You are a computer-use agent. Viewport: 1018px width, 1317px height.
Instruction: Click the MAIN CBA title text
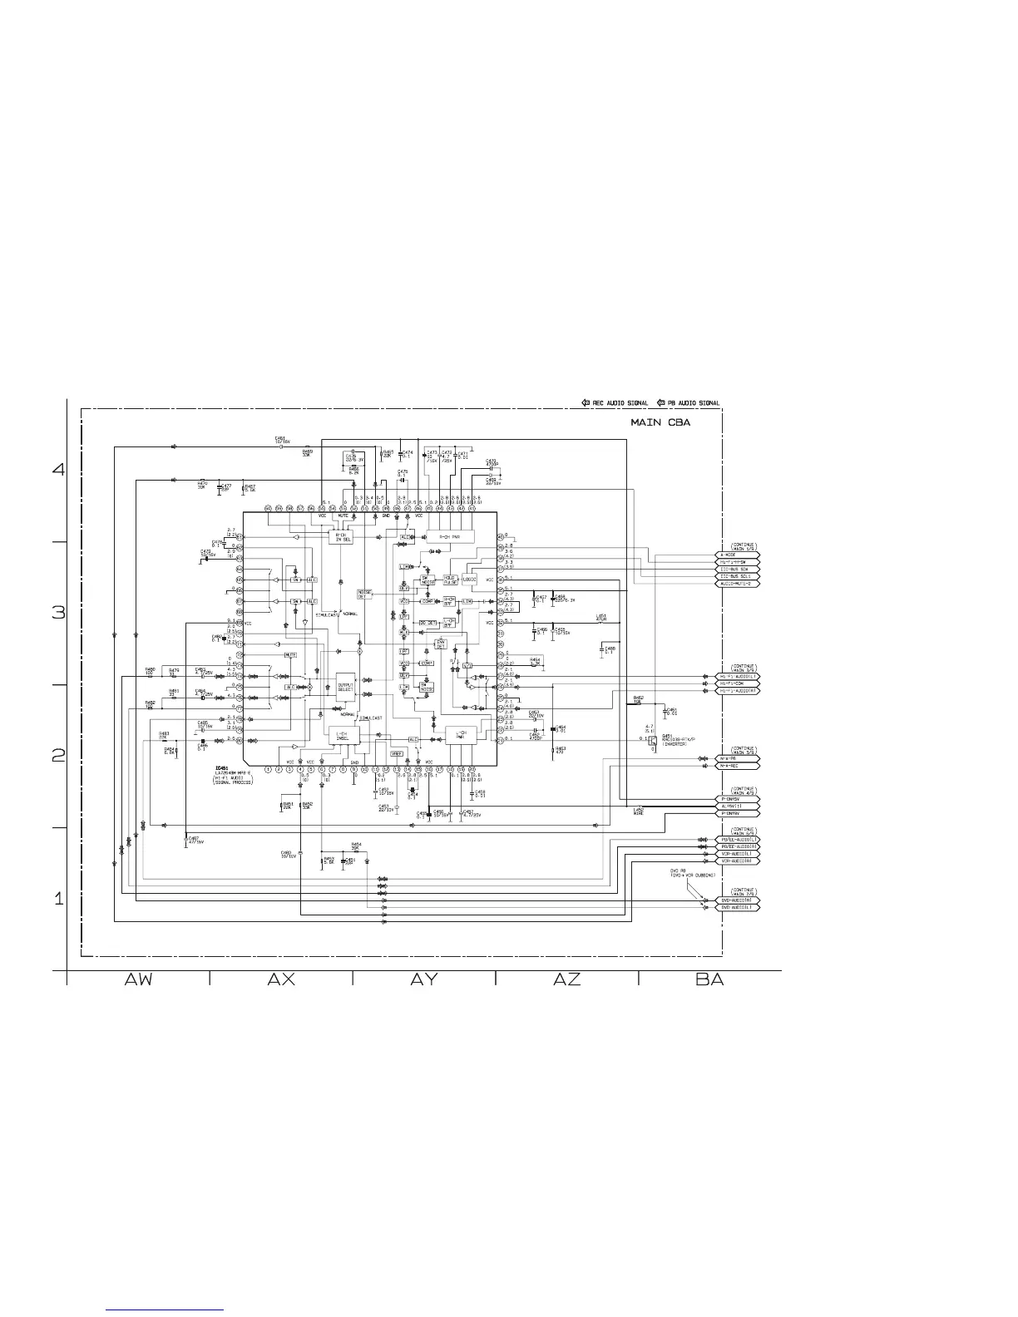[x=660, y=423]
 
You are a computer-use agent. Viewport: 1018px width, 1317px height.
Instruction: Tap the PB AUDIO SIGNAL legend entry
[x=688, y=403]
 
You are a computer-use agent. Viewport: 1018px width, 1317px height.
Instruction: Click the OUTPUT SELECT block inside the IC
[x=345, y=687]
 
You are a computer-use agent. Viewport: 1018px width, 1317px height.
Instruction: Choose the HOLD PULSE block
[x=450, y=579]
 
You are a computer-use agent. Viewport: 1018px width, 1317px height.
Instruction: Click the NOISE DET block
[x=363, y=594]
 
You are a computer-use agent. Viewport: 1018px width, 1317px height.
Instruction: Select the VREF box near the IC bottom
[x=397, y=753]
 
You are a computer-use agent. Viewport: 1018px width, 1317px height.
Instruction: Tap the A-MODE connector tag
[x=738, y=555]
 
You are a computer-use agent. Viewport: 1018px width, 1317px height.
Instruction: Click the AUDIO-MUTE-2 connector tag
[x=738, y=583]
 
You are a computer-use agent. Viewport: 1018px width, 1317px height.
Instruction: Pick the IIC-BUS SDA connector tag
[x=738, y=569]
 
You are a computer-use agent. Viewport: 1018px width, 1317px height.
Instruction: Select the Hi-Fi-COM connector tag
[x=738, y=684]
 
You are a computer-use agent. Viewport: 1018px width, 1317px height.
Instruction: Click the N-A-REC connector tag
[x=738, y=766]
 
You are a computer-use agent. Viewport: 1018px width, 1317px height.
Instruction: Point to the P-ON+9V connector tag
[x=738, y=813]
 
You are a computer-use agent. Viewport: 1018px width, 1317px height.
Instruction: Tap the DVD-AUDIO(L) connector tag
[x=738, y=907]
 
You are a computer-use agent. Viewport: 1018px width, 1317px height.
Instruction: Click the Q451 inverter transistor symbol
[x=653, y=742]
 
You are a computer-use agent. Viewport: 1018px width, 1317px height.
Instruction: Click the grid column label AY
[x=424, y=979]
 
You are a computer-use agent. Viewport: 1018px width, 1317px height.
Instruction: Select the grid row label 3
[x=58, y=613]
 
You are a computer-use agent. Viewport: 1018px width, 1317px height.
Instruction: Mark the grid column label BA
[x=709, y=979]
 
